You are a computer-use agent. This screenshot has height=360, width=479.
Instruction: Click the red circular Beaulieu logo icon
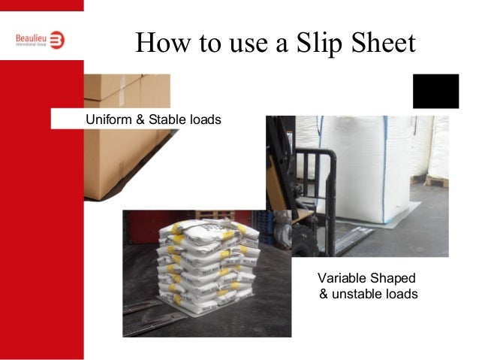tap(57, 39)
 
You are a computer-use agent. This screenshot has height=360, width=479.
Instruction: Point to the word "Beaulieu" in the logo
tap(30, 36)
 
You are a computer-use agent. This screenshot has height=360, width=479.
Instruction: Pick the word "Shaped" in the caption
tap(393, 277)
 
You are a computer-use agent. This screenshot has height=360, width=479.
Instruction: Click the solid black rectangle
tap(435, 91)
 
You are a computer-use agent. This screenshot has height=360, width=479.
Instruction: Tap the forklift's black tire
tap(303, 241)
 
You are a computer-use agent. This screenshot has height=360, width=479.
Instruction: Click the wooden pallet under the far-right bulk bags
tap(436, 181)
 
